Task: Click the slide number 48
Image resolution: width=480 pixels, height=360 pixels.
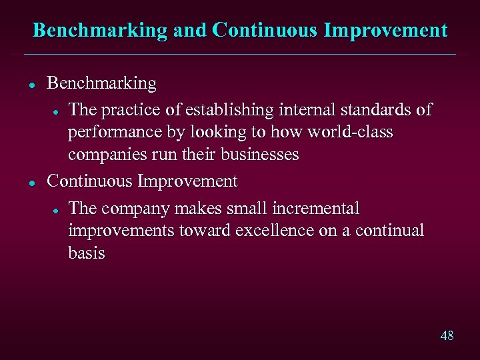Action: click(x=447, y=335)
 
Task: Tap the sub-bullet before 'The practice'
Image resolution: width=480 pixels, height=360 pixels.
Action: click(x=58, y=111)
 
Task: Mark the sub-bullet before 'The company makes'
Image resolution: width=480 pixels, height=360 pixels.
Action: click(x=58, y=209)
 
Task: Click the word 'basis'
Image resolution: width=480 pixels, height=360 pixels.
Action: click(x=87, y=253)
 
